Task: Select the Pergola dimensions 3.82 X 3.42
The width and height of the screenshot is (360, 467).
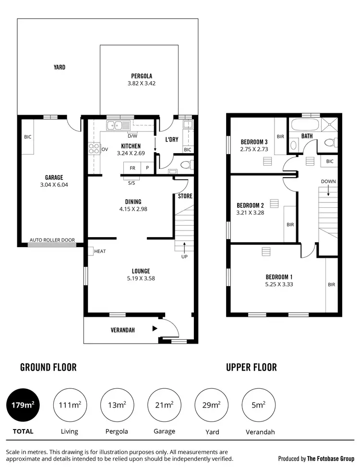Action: pyautogui.click(x=142, y=83)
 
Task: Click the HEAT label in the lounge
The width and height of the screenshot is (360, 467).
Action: pyautogui.click(x=100, y=251)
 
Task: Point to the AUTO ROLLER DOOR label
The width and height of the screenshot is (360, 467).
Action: pyautogui.click(x=52, y=240)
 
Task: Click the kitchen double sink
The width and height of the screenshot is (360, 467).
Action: pyautogui.click(x=117, y=126)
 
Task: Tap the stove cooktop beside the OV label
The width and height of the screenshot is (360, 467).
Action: pyautogui.click(x=94, y=149)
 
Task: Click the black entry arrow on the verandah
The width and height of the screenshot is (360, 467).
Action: pyautogui.click(x=154, y=329)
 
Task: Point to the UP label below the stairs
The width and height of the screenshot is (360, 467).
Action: pyautogui.click(x=184, y=256)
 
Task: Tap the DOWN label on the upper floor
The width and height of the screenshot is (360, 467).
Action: pyautogui.click(x=328, y=181)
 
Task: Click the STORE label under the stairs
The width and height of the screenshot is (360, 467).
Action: pyautogui.click(x=185, y=196)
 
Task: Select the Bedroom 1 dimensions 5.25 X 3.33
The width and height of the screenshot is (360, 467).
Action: pyautogui.click(x=279, y=284)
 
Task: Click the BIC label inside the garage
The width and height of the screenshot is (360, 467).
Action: pyautogui.click(x=27, y=137)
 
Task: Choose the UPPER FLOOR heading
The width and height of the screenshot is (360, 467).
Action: pyautogui.click(x=251, y=367)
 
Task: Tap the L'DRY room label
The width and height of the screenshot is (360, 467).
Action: pyautogui.click(x=172, y=140)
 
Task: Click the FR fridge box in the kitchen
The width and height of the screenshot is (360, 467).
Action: pyautogui.click(x=132, y=168)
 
